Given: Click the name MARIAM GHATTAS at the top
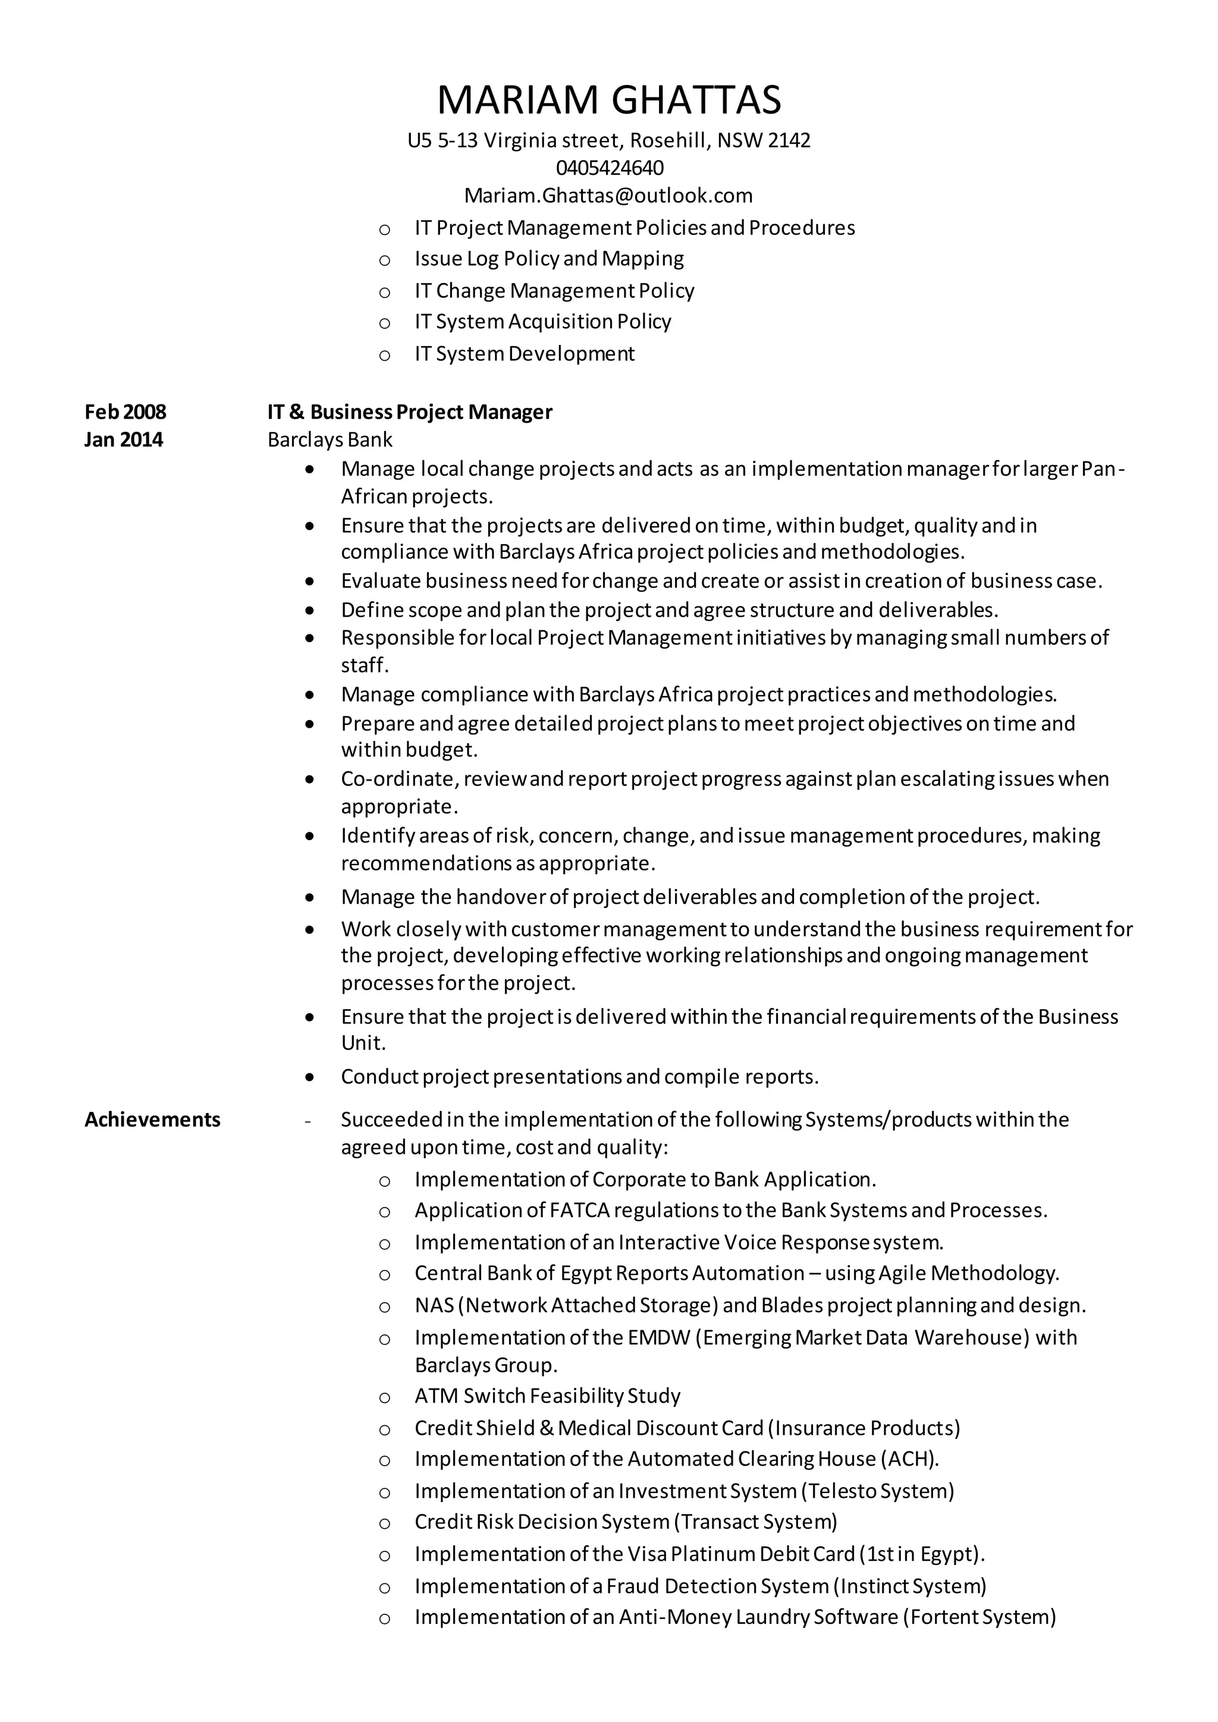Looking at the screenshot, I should (x=608, y=100).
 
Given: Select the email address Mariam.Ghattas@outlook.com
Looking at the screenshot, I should (x=608, y=196).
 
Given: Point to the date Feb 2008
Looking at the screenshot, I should (x=125, y=411).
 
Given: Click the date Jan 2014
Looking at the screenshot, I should (x=123, y=439).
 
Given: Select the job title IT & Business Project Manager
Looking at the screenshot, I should (x=410, y=411).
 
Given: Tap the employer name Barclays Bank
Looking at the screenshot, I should (x=330, y=439).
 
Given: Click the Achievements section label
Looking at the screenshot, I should (x=152, y=1120).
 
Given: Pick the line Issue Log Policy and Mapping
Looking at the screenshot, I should (x=549, y=259).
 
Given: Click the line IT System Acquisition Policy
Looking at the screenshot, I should (x=543, y=322).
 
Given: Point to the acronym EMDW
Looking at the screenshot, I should (x=658, y=1338).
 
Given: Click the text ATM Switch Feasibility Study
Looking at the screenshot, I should (x=548, y=1396).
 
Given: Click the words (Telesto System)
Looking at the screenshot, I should (x=877, y=1491).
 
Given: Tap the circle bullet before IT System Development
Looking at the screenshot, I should (x=385, y=356).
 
